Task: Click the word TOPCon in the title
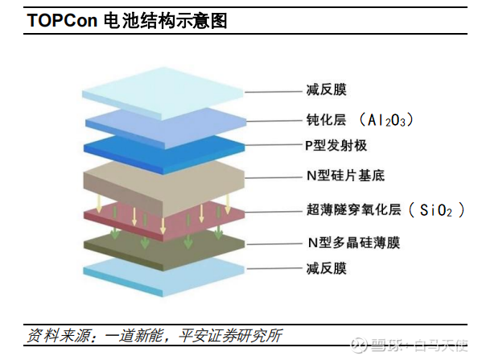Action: click(x=63, y=20)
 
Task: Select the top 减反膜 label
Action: click(x=327, y=90)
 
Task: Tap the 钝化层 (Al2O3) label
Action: click(x=360, y=120)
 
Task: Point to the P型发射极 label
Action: click(x=336, y=145)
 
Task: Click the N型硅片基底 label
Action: click(x=345, y=176)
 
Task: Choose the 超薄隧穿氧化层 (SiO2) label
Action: click(x=385, y=210)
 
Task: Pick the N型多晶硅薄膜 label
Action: click(x=354, y=242)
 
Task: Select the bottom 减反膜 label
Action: click(x=327, y=268)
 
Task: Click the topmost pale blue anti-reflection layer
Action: click(x=163, y=93)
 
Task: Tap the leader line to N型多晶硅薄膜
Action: click(x=274, y=244)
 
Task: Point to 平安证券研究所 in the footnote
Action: click(x=230, y=335)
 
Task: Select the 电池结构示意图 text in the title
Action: click(x=166, y=21)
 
